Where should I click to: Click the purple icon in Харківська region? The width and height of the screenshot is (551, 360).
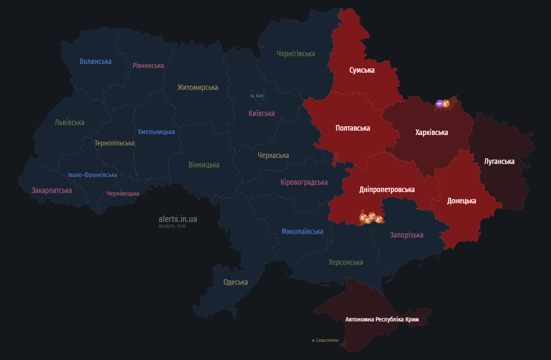[439, 103]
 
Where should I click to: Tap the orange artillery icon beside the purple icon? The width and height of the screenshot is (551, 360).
[446, 104]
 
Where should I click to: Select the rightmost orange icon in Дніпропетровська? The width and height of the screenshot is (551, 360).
[379, 219]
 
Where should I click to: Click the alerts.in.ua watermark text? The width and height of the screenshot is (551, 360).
[177, 219]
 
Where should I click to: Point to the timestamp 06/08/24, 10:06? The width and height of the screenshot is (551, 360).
[172, 226]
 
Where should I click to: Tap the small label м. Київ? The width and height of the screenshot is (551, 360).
[258, 96]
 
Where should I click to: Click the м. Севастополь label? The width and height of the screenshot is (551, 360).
[325, 340]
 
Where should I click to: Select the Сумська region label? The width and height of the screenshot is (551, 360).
[362, 70]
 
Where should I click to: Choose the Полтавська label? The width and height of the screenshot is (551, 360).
[353, 128]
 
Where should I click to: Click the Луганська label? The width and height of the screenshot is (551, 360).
[499, 161]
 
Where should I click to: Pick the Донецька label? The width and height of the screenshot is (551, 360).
[461, 201]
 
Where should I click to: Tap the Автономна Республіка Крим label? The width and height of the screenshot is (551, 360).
[382, 319]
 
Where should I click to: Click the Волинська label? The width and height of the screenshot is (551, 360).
[95, 61]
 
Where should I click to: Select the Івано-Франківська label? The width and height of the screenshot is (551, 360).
[92, 175]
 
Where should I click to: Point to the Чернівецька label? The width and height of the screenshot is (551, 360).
[122, 193]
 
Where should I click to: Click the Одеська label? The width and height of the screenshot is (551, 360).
[235, 282]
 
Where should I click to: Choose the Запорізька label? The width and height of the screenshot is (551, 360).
[406, 235]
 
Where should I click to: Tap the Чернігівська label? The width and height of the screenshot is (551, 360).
[296, 54]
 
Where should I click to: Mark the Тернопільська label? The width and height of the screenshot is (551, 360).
[114, 143]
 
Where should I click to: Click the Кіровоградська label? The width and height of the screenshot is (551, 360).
[304, 182]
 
